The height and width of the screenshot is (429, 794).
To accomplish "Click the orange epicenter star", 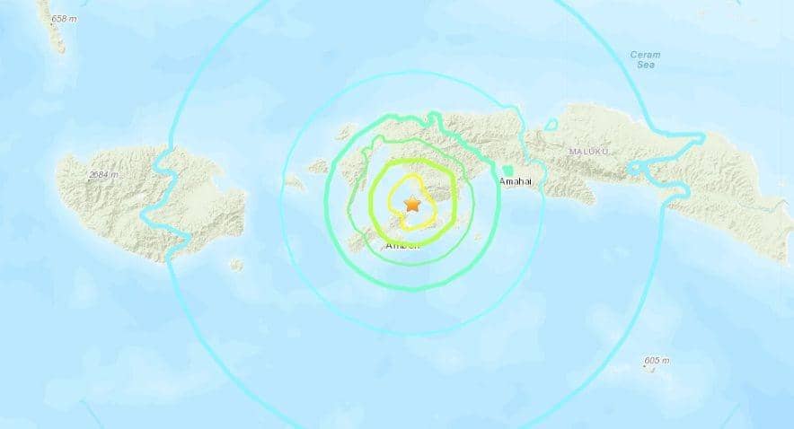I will coord(412,204).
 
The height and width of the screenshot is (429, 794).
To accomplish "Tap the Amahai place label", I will coord(517,182).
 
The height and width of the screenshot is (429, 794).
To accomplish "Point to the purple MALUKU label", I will coord(588,152).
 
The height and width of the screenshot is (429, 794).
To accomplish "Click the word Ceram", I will coord(645,55).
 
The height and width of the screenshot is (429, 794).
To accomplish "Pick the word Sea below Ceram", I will coord(645,66).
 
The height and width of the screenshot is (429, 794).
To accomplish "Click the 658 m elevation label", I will coord(65,18).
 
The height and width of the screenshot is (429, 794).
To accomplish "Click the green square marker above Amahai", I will coord(508,170).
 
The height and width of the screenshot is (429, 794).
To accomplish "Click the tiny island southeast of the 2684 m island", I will coord(236,265).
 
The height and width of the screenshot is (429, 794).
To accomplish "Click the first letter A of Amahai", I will coord(502,182).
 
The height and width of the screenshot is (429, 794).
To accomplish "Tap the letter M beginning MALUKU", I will coord(572,152).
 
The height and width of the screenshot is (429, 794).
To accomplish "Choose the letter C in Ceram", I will coord(633,55).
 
